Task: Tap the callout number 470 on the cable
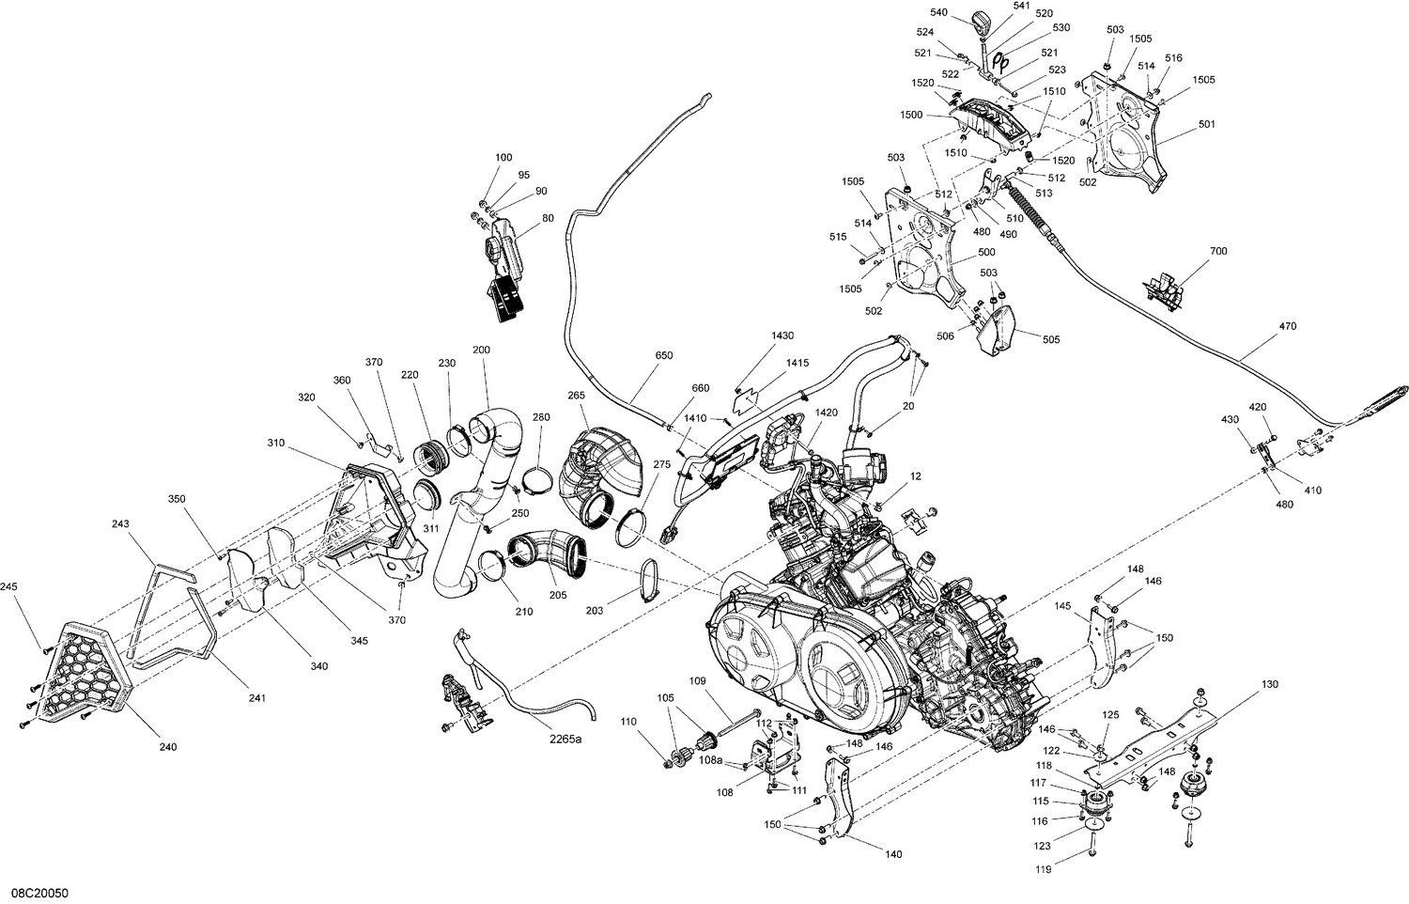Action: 1286,327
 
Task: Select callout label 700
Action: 1218,252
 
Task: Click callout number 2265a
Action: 565,740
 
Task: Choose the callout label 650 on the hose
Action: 663,356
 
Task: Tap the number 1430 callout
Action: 782,335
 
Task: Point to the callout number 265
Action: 576,395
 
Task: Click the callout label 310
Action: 275,443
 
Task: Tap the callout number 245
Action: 9,587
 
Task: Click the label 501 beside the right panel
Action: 1206,124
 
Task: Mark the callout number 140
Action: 893,854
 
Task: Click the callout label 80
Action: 548,219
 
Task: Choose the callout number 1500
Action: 910,115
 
